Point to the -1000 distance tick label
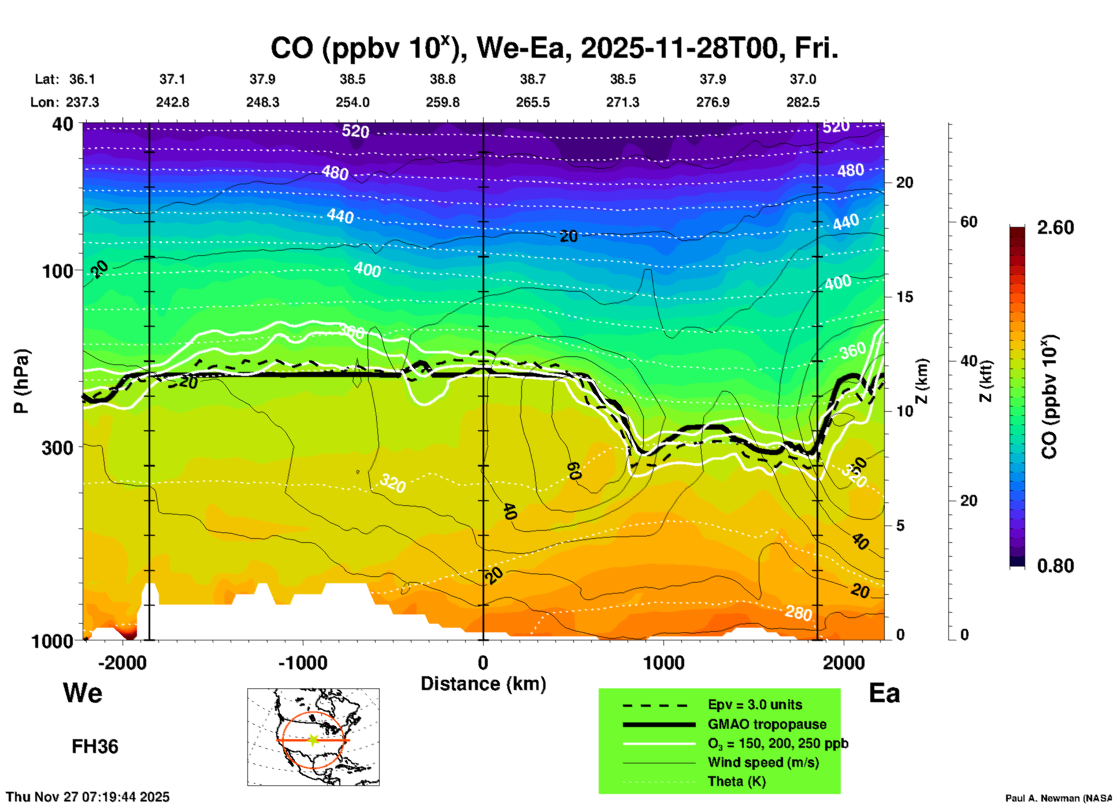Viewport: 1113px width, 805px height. [x=302, y=663]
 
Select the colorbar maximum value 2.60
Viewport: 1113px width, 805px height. [x=1055, y=228]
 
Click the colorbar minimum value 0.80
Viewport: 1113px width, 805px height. [x=1055, y=566]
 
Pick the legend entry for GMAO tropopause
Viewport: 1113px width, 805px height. [x=767, y=724]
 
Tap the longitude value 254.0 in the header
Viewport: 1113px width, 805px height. [x=353, y=102]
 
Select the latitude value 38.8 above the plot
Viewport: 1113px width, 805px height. [x=443, y=79]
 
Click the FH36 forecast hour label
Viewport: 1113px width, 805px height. [x=95, y=747]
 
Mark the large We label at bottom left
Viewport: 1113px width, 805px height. [x=83, y=693]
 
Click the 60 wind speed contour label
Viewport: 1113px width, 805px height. [x=573, y=471]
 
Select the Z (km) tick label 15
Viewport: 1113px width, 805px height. [x=904, y=297]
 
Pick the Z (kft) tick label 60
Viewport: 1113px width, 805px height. [x=969, y=222]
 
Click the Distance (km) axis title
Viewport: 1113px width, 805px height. [x=483, y=684]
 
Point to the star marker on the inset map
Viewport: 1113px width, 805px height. [x=313, y=740]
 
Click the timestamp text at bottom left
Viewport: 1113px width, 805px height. [x=88, y=797]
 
